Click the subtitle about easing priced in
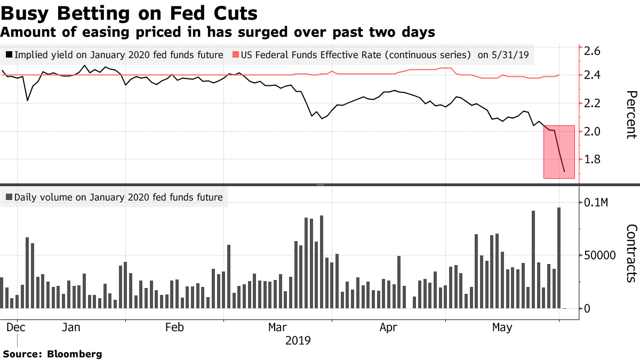point(218,33)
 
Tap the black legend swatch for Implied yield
point(9,54)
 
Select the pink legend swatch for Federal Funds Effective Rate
point(235,54)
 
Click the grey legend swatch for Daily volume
point(9,197)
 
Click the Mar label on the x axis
point(277,327)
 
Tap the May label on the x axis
point(501,327)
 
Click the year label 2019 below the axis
point(299,340)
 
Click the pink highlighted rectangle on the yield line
point(559,152)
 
